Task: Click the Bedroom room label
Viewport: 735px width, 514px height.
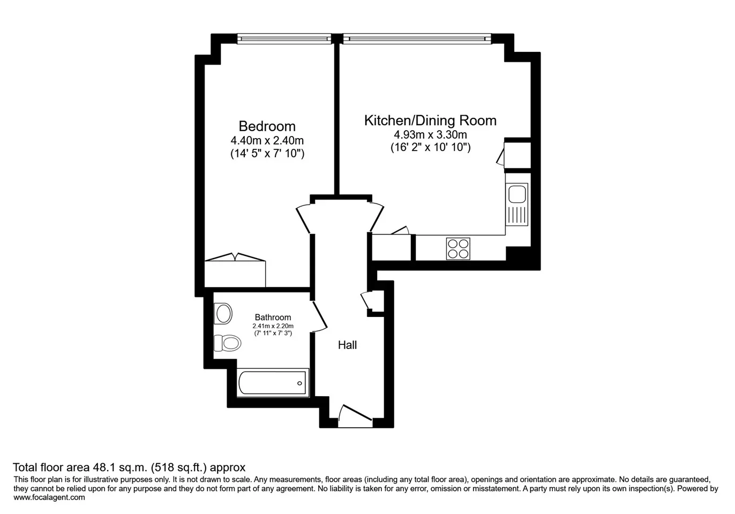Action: click(x=267, y=126)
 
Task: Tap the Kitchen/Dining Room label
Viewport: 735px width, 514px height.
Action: click(x=430, y=120)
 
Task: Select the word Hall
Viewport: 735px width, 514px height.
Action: click(x=347, y=345)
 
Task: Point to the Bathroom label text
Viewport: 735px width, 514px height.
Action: click(x=273, y=317)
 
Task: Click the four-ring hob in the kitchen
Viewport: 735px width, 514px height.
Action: click(x=458, y=248)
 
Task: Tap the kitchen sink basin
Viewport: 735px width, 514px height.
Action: click(x=517, y=194)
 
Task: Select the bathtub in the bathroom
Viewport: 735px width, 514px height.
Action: click(x=273, y=383)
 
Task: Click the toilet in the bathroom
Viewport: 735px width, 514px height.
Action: click(x=227, y=343)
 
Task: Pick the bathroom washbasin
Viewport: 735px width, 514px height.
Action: click(x=223, y=314)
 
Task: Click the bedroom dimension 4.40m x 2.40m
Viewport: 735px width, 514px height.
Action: click(x=267, y=140)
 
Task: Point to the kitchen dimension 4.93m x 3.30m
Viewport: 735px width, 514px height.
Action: click(x=430, y=134)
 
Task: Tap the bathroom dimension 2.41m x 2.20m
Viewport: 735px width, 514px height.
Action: click(x=273, y=326)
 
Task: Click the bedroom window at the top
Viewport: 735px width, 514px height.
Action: click(x=284, y=39)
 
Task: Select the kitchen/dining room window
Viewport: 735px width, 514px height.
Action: click(x=417, y=39)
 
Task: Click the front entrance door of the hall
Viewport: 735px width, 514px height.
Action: click(x=355, y=416)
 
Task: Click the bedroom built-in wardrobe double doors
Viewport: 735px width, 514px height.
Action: click(x=235, y=257)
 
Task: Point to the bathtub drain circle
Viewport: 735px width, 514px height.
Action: click(x=299, y=383)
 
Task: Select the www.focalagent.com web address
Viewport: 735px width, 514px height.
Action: click(x=49, y=497)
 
